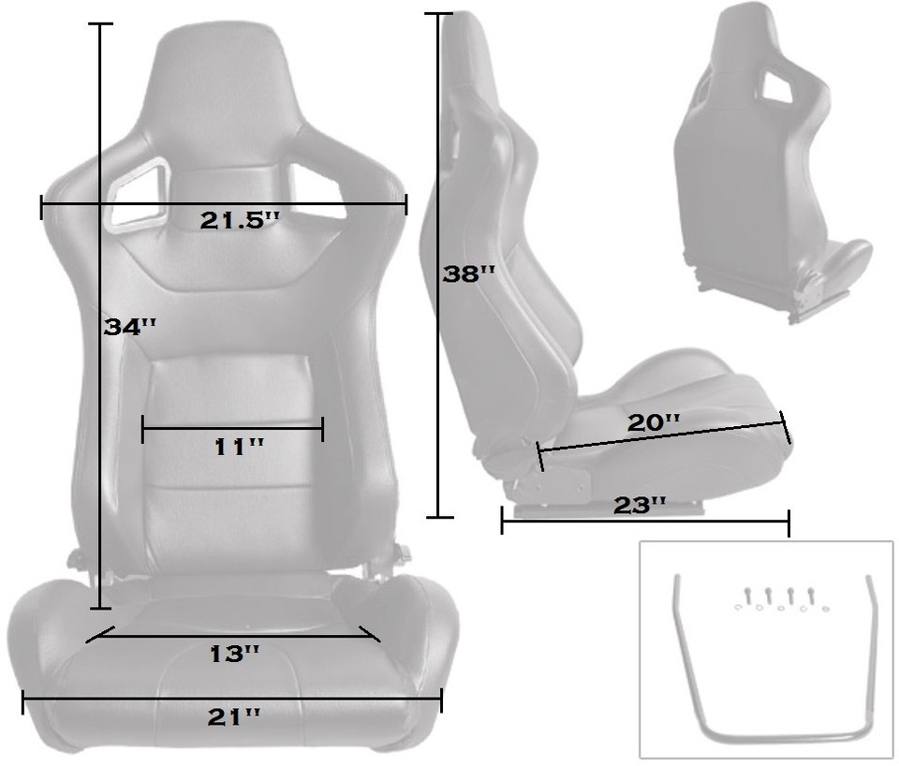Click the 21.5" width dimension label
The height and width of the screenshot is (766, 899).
tap(240, 222)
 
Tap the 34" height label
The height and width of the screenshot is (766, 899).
tap(130, 328)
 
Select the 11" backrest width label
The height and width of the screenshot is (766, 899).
tap(239, 448)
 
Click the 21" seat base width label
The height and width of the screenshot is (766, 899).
tap(233, 717)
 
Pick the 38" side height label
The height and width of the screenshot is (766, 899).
tap(469, 273)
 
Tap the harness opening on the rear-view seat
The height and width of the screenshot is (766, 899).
tap(781, 87)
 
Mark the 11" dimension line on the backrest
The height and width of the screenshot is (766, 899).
tap(232, 431)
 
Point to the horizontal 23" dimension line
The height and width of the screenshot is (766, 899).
tap(645, 523)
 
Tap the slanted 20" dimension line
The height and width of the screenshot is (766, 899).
tap(665, 437)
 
